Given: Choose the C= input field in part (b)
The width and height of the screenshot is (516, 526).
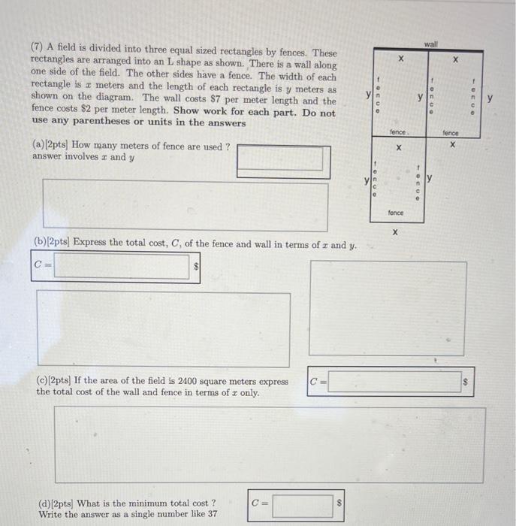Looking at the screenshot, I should (x=121, y=265).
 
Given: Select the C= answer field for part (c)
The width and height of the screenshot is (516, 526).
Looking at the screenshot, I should (x=395, y=382).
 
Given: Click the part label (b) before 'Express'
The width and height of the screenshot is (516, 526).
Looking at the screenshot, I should (x=41, y=243).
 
